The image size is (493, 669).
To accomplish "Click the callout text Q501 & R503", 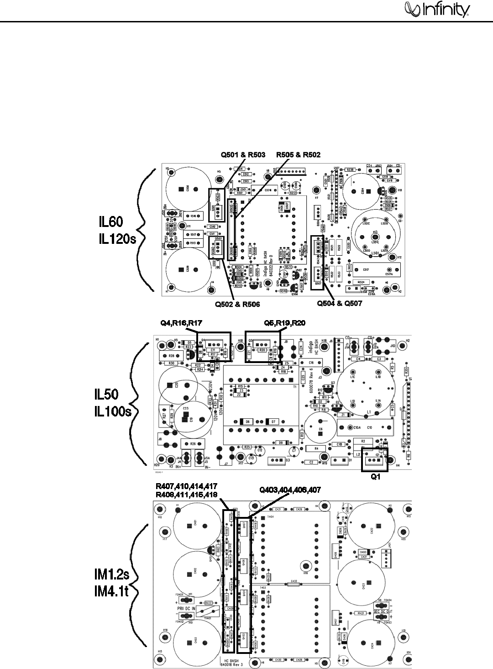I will pos(243,155).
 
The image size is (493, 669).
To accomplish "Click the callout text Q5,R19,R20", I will pos(285,324).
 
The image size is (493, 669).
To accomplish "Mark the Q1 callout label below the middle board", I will pos(375,476).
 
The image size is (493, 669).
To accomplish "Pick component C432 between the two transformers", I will pos(294,583).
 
